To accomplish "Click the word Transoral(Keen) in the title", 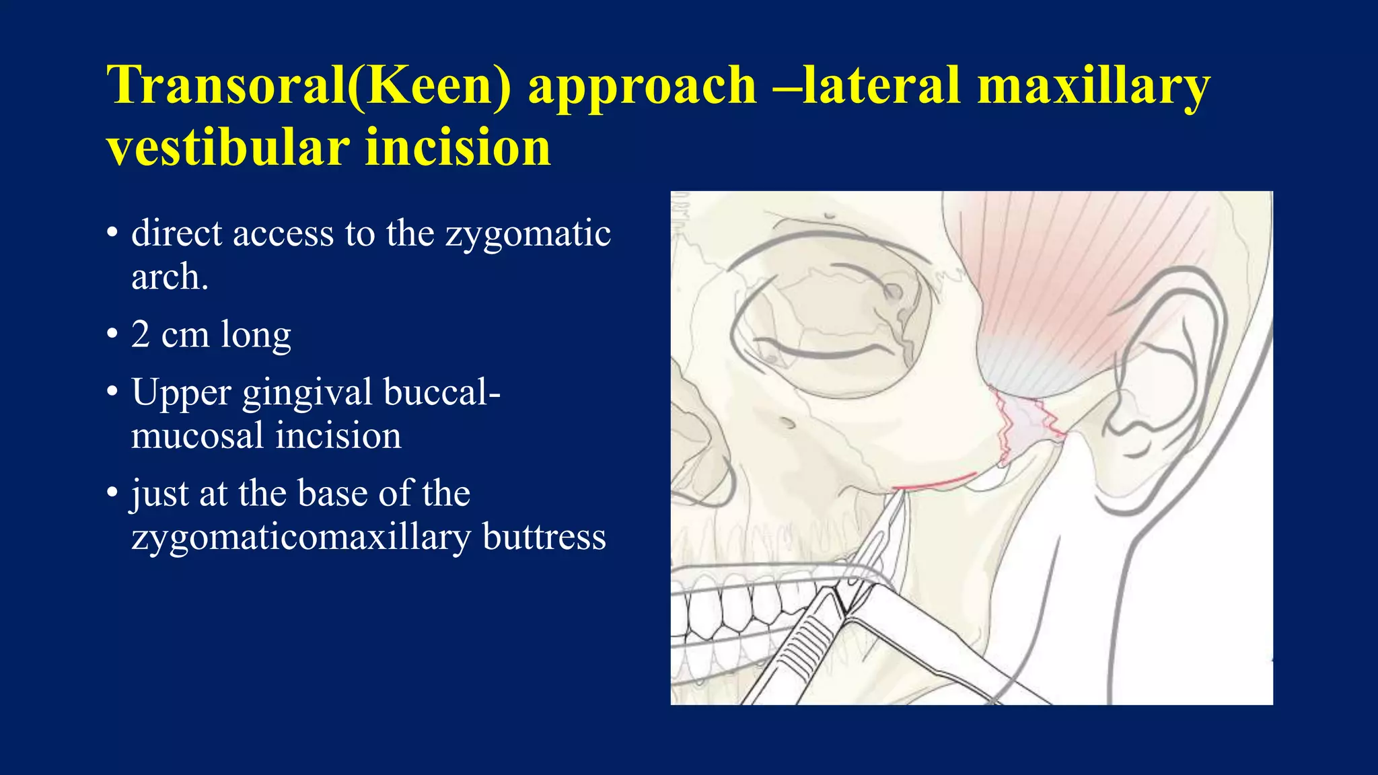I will (x=309, y=86).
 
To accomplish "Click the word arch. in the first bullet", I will (x=170, y=277).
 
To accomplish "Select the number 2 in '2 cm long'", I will (x=141, y=334).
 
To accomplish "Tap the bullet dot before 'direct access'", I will (x=112, y=234).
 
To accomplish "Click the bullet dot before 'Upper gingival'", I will (x=112, y=393).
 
